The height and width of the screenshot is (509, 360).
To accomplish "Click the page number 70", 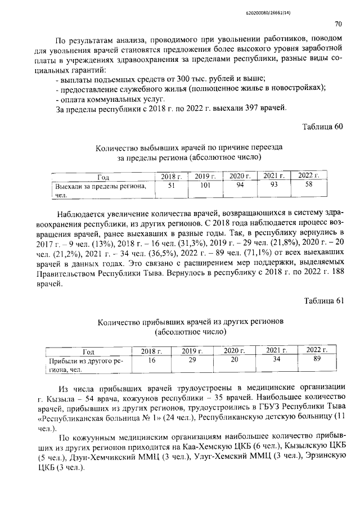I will tap(338, 24).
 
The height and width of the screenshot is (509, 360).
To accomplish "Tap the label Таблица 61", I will tap(322, 300).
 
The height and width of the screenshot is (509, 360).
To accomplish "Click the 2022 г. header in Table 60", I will tap(308, 176).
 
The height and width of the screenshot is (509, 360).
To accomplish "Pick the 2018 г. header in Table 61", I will tap(150, 351).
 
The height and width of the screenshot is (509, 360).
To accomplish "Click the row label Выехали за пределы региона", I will tap(100, 186).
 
